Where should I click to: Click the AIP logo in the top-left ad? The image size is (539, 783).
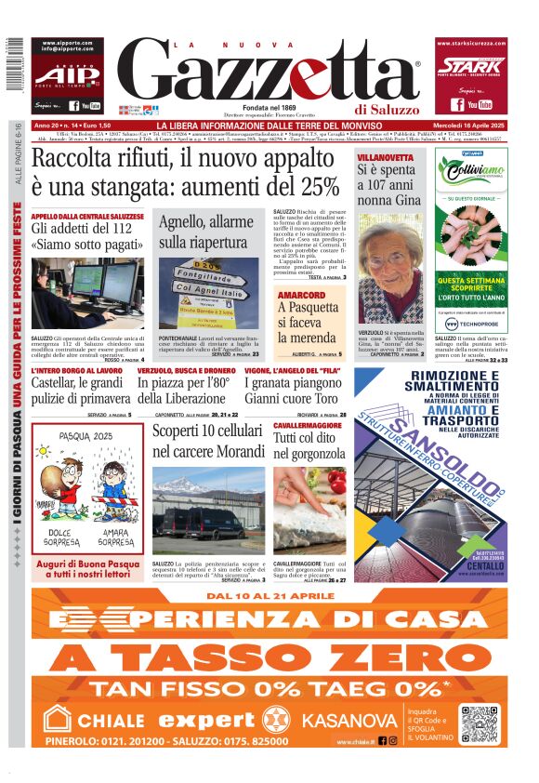[x=66, y=75]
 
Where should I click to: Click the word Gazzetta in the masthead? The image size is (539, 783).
[x=269, y=71]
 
